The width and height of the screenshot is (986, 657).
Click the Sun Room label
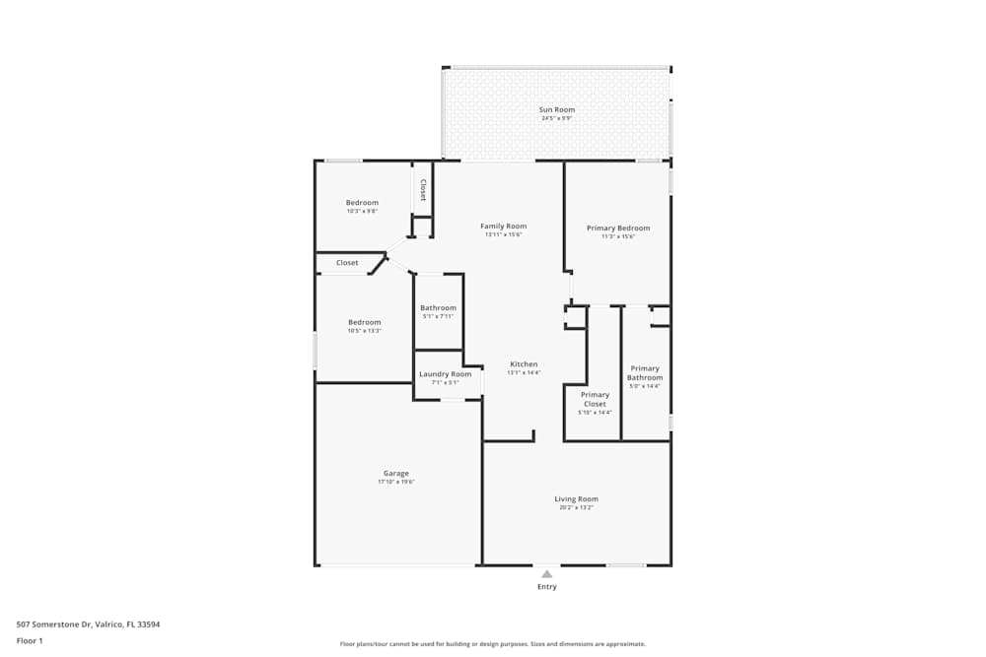(x=556, y=109)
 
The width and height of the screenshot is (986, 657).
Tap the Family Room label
(x=503, y=226)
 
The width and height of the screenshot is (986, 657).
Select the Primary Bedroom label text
(x=618, y=228)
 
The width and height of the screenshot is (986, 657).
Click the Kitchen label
(x=523, y=364)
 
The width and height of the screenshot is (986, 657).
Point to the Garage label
(x=395, y=473)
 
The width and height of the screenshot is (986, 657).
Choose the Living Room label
(x=576, y=499)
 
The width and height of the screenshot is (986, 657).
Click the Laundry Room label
(x=445, y=374)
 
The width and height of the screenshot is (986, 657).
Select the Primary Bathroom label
(x=645, y=372)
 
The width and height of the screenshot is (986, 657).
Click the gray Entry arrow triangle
(x=546, y=573)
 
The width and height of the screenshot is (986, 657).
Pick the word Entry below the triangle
(x=546, y=587)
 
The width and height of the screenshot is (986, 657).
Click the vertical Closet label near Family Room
(x=423, y=189)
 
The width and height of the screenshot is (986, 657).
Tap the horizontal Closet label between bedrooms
(x=347, y=263)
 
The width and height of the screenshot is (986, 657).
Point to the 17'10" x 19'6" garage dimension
(x=395, y=482)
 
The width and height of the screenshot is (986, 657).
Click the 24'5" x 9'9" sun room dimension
(x=556, y=118)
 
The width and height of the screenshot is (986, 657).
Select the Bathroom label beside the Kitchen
(x=438, y=307)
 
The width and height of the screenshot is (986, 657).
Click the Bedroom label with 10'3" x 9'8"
(x=362, y=203)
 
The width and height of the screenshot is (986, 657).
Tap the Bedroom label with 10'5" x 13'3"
(x=364, y=322)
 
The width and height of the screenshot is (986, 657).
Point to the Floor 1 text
(x=30, y=640)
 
